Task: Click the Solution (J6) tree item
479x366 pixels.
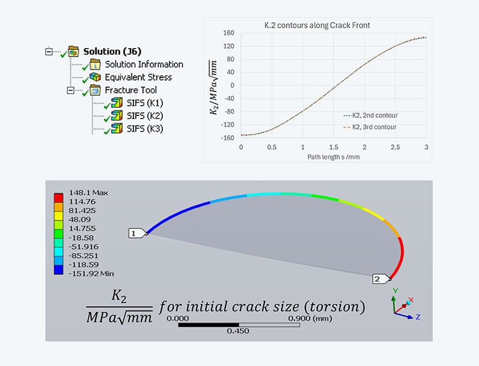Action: tap(112, 51)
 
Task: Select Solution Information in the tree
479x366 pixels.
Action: tap(144, 64)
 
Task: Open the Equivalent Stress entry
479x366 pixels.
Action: tap(138, 77)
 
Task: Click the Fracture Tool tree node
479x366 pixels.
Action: tap(130, 90)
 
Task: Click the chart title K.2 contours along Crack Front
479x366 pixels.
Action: tap(317, 25)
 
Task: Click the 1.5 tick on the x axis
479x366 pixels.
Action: tap(333, 147)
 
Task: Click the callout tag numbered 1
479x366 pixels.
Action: tap(136, 233)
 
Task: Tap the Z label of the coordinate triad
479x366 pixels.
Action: tap(417, 316)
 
